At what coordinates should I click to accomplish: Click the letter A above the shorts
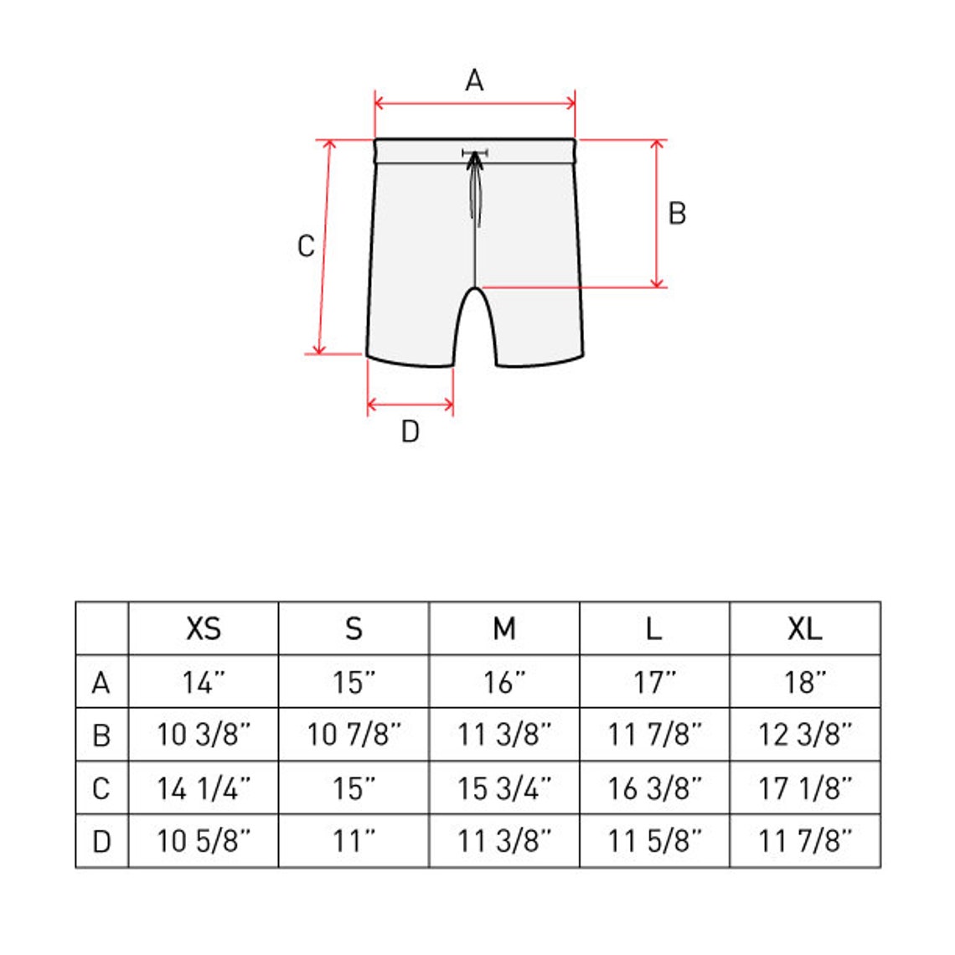click(474, 80)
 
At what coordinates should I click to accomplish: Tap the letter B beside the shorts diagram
click(677, 214)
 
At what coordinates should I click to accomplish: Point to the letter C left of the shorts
click(307, 246)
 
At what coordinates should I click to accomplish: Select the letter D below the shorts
click(410, 431)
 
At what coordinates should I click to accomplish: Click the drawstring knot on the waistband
click(476, 155)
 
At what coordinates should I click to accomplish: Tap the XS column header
click(204, 628)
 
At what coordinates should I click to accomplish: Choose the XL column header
click(804, 628)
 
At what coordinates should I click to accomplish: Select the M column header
click(504, 628)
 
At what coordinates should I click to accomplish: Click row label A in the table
click(101, 683)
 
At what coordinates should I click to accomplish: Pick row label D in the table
click(101, 841)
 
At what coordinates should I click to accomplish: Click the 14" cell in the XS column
click(204, 683)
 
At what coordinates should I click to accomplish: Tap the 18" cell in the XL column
click(804, 683)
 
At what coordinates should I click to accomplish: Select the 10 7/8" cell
click(354, 735)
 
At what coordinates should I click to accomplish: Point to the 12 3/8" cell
click(804, 735)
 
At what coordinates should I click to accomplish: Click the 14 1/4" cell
click(204, 788)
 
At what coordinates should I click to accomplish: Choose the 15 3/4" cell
click(504, 788)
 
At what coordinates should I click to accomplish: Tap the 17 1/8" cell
click(804, 788)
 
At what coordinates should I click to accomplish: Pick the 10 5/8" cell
click(204, 841)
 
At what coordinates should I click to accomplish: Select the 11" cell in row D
click(354, 841)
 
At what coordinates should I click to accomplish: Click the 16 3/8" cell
click(654, 788)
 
